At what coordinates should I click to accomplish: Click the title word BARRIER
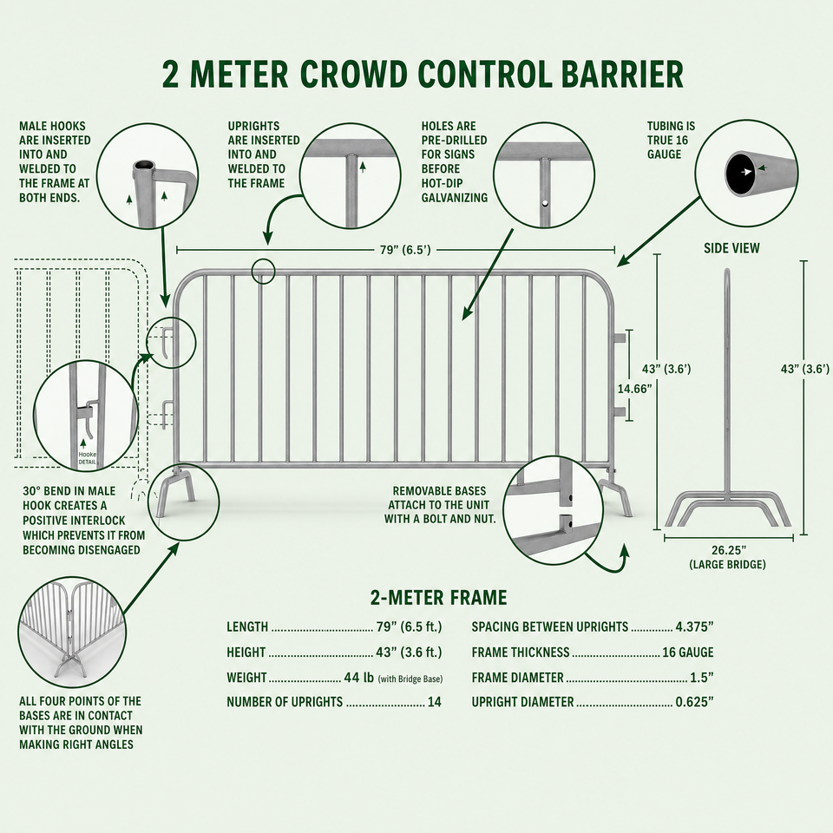pos(622,74)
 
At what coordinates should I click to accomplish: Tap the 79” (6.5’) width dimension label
pos(405,250)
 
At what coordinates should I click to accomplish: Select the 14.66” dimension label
pos(634,389)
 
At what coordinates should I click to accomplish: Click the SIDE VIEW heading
pos(731,248)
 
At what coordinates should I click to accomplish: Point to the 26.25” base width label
pos(728,550)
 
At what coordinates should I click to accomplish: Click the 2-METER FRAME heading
pos(438,598)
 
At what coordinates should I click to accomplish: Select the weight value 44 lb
pos(359,678)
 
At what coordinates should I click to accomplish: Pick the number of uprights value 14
pos(435,702)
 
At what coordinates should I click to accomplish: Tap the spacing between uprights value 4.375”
pos(694,626)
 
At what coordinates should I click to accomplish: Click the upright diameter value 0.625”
pos(694,702)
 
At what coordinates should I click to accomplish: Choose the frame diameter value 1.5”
pos(701,678)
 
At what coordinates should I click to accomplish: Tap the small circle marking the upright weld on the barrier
pos(264,272)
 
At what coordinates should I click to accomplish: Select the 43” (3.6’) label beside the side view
pos(804,369)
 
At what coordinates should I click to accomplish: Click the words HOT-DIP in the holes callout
pos(442,183)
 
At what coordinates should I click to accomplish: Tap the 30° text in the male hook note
pos(32,491)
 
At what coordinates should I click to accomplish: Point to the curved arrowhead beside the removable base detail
pos(624,550)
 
